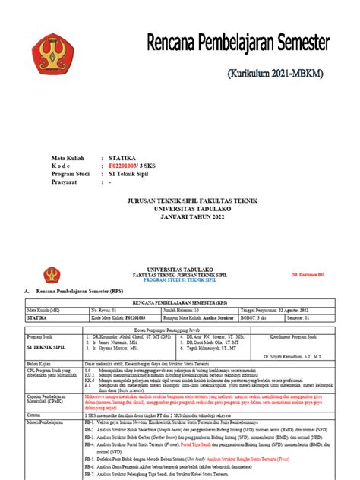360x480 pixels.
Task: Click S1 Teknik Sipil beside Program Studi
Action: [x=135, y=174]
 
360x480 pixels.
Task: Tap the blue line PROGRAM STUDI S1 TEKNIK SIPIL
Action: [x=179, y=279]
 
